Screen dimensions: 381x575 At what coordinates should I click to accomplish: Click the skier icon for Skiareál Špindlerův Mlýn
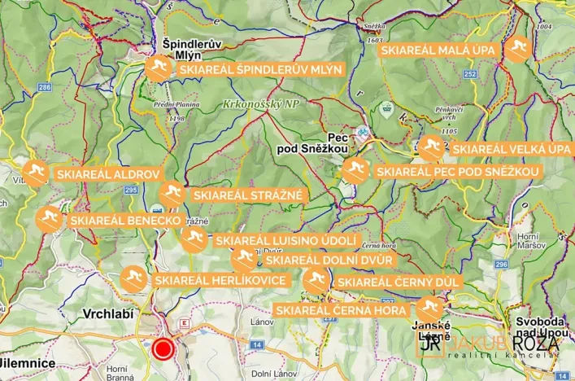coord(159,69)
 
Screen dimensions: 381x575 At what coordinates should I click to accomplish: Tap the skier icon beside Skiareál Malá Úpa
coord(517,50)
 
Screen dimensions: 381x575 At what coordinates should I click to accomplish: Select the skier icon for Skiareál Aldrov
coord(35,173)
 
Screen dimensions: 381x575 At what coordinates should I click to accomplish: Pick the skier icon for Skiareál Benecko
coord(49,220)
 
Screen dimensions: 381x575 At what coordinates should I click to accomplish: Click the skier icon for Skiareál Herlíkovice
coord(134,279)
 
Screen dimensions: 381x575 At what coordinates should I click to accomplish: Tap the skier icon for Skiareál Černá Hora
coord(429,309)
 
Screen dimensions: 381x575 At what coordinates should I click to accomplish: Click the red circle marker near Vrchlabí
coord(164,350)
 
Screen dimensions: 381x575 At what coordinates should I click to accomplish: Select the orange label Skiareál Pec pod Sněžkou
coord(457,172)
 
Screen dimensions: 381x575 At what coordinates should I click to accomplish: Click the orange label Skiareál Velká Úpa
coord(512,149)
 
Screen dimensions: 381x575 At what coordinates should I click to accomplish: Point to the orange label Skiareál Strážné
coord(247,195)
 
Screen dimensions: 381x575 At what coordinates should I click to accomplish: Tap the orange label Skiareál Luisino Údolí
coord(285,241)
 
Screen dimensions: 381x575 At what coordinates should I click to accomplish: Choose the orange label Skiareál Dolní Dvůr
coord(329,260)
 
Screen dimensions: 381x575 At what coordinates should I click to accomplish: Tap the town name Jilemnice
coord(26,362)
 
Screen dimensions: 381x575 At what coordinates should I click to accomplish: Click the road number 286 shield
coord(44,87)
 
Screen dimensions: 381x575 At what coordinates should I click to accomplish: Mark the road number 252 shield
coord(470,73)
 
